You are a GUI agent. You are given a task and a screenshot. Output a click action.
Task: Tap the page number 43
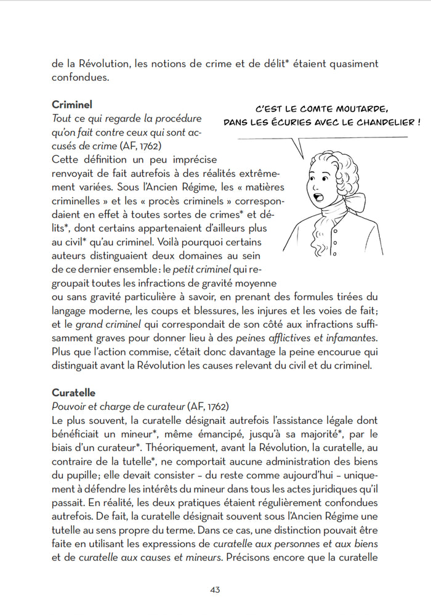point(215,589)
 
